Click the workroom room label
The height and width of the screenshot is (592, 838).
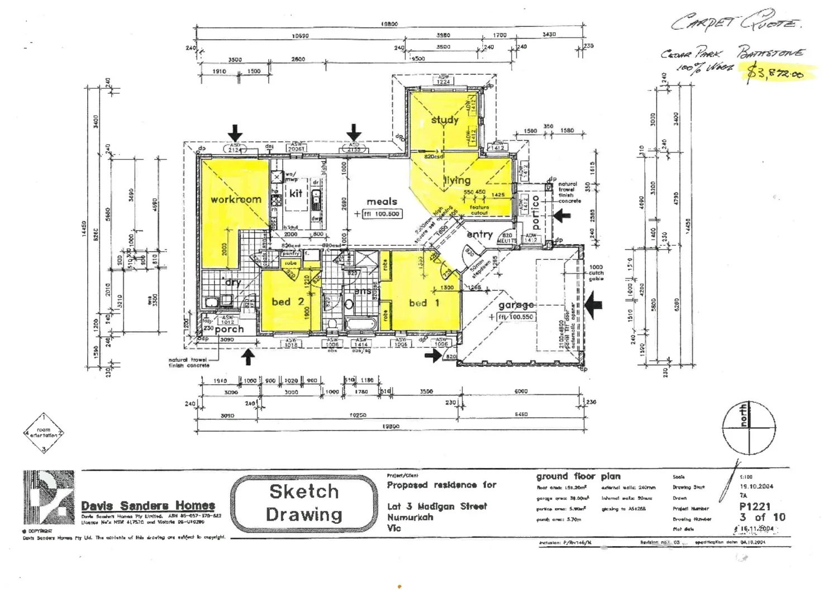click(236, 199)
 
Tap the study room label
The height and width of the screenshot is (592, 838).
click(445, 120)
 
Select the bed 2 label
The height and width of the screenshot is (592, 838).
click(288, 302)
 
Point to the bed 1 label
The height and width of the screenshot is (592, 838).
click(424, 303)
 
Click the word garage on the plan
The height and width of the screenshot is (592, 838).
click(516, 305)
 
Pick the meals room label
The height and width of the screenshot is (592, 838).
click(382, 202)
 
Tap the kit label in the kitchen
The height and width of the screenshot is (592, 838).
click(296, 193)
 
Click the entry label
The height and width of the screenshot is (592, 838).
click(479, 235)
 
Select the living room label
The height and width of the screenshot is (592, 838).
click(458, 180)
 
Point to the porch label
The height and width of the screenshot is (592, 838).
click(229, 330)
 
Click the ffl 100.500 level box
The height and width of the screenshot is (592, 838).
click(382, 214)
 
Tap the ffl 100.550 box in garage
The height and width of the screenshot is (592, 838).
click(515, 317)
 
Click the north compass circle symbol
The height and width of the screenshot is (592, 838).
click(749, 428)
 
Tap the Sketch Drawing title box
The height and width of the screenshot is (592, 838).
click(304, 503)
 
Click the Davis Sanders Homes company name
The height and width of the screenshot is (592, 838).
click(148, 506)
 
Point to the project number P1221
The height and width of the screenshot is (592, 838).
click(755, 507)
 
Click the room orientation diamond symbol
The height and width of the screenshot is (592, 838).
click(44, 433)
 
